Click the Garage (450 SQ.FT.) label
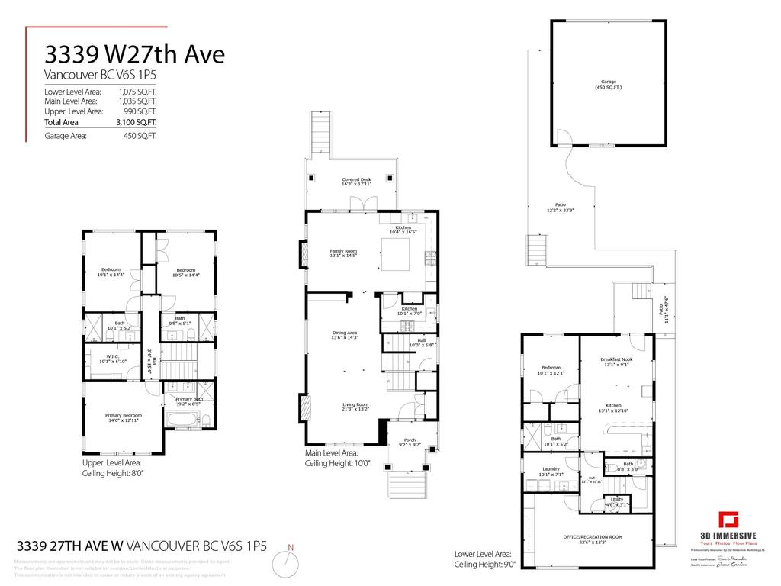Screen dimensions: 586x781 coord(609,85)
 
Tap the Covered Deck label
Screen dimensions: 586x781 coord(356,182)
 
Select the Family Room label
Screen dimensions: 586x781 coord(343,253)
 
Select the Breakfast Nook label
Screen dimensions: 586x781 coord(616,362)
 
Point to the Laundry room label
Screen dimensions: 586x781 coord(551,471)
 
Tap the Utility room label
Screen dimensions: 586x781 coord(617,501)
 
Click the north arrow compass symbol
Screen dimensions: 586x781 coord(288,562)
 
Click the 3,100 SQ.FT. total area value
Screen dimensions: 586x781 coord(137,122)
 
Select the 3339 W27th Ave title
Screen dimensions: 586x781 coord(134,55)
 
